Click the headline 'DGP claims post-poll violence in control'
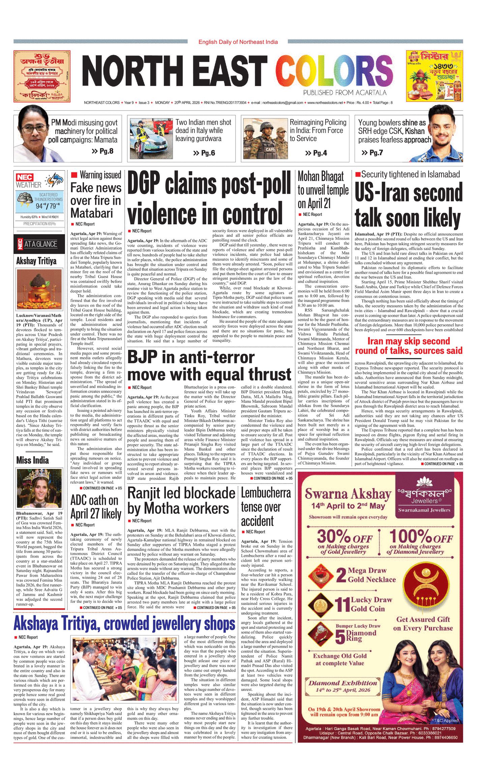[209, 198]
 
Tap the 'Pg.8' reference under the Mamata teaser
[103, 151]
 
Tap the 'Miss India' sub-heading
[32, 461]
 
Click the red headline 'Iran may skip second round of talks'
[409, 346]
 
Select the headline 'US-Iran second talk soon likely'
[409, 206]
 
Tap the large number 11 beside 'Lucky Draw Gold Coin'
[342, 605]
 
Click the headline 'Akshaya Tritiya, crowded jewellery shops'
[124, 624]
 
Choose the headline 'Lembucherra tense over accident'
[266, 507]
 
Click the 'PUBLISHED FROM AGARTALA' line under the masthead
[345, 92]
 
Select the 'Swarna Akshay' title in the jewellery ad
[348, 495]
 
